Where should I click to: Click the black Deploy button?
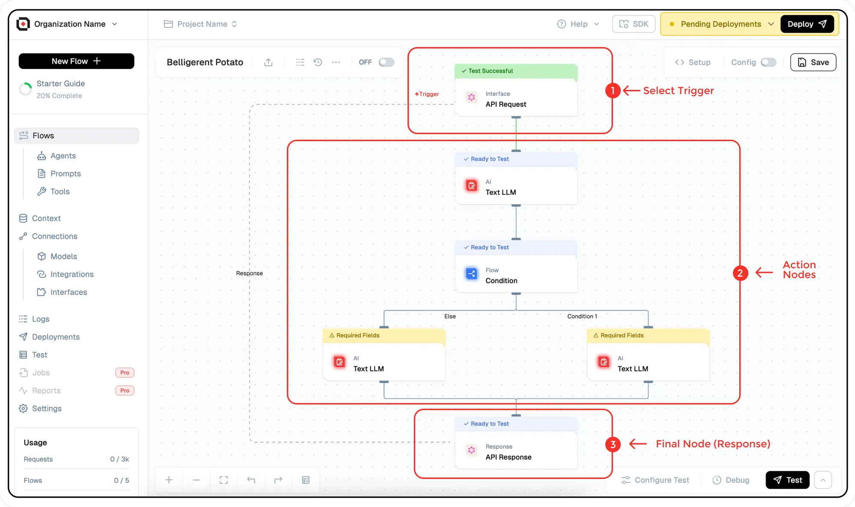tap(807, 24)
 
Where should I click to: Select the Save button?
tap(813, 62)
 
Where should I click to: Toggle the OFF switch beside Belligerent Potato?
tap(386, 62)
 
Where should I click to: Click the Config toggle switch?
tap(768, 62)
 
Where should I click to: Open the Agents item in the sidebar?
tap(63, 156)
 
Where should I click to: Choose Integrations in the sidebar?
tap(72, 274)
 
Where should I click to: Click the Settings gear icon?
tap(23, 409)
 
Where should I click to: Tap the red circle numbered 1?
tap(613, 90)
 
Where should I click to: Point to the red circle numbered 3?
tap(613, 444)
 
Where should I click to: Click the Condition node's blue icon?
tap(471, 273)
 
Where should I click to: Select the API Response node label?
tap(508, 457)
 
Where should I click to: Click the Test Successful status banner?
tap(516, 71)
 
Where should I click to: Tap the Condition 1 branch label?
tap(582, 316)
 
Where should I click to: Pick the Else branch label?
tap(450, 316)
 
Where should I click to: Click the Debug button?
tap(731, 480)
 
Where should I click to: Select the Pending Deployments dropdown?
tap(722, 24)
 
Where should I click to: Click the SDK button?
tap(634, 24)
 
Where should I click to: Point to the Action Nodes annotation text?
tap(799, 270)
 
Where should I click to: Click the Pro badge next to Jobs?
tap(124, 373)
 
